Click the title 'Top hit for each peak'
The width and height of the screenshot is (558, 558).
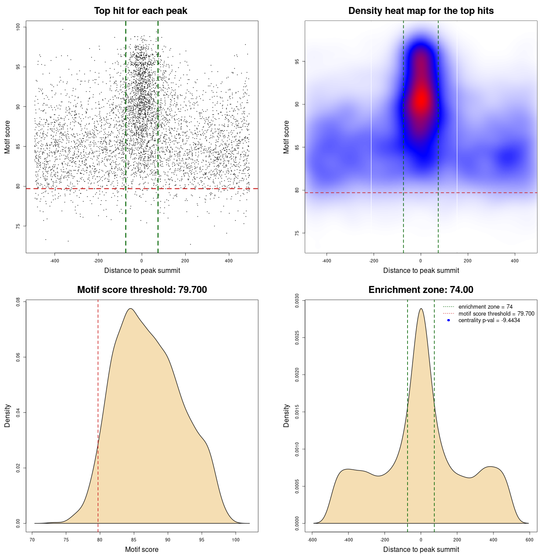pos(141,11)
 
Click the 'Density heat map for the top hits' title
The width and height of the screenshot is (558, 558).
pos(421,11)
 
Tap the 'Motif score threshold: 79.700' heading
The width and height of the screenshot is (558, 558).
pos(142,290)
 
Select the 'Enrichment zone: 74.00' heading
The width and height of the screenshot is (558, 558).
pos(421,290)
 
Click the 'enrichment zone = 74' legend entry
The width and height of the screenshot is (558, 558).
pos(485,307)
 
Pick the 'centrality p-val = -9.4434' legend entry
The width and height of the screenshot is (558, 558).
pos(489,320)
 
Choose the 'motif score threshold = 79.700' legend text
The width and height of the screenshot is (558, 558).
pos(496,313)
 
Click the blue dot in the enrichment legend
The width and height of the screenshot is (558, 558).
pos(449,320)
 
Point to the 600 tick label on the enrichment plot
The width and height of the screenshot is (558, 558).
pos(529,540)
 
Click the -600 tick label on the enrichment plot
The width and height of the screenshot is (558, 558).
pos(312,540)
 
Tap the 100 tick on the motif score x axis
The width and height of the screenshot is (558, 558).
pos(236,540)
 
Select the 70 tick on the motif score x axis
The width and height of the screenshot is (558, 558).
pos(32,540)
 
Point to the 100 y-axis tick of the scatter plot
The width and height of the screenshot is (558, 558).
pos(18,27)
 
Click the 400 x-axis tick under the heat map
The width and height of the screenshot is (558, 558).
pos(515,261)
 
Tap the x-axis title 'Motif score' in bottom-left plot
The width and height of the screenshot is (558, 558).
pos(142,549)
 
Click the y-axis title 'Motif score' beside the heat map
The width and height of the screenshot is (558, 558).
pos(286,137)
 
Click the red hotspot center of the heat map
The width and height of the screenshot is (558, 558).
pos(421,100)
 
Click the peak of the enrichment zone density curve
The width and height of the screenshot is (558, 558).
pos(421,309)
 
